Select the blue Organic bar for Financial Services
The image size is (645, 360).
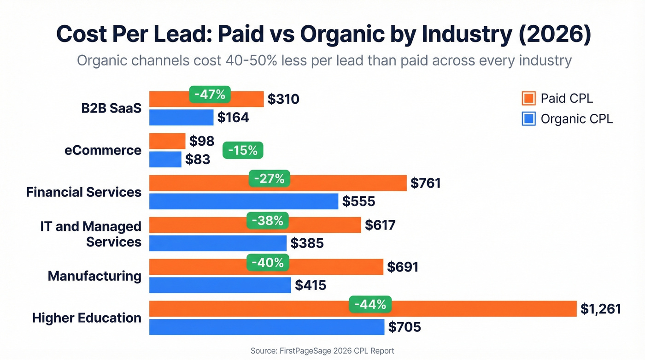click(x=244, y=201)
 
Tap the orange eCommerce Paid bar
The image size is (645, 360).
click(x=167, y=141)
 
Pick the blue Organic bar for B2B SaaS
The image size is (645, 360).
click(x=181, y=117)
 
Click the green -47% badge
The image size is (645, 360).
click(x=210, y=95)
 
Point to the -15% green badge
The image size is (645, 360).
click(x=243, y=150)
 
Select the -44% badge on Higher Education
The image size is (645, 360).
click(x=370, y=304)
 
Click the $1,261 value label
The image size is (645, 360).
click(x=600, y=309)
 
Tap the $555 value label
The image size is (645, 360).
click(x=358, y=201)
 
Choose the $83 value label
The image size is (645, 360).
click(x=198, y=159)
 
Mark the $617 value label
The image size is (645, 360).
click(x=380, y=225)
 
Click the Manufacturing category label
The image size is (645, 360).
click(x=94, y=276)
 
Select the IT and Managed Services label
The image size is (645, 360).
click(x=91, y=234)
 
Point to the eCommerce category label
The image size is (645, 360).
click(x=103, y=150)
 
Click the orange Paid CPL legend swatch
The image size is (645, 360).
click(x=528, y=98)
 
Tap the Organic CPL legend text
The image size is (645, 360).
click(x=576, y=119)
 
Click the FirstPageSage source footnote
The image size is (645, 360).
click(x=322, y=351)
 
